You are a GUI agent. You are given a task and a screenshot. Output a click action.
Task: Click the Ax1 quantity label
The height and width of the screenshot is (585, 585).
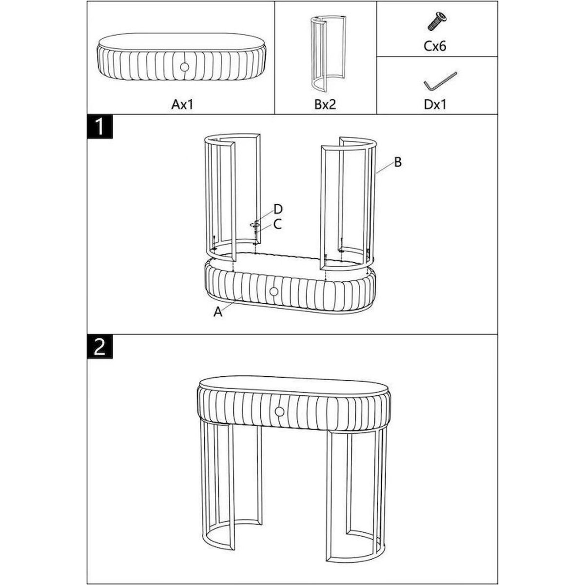(182, 104)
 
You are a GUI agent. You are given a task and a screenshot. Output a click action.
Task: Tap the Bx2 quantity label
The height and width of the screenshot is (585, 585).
(325, 104)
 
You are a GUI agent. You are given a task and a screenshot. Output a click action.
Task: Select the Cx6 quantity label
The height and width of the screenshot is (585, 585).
(435, 46)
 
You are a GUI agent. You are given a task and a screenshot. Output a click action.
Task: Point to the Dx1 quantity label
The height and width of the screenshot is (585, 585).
(435, 104)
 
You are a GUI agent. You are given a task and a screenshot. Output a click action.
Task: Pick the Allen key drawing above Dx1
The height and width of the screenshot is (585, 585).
(440, 81)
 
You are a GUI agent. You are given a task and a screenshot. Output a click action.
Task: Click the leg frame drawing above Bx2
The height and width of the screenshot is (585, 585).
(328, 54)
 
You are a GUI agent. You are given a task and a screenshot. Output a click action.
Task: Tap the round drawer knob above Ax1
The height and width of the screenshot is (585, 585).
(184, 67)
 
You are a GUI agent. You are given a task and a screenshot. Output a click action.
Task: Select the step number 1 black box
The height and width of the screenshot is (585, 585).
(100, 127)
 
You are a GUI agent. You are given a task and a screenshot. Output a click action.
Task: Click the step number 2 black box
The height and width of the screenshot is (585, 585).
(100, 347)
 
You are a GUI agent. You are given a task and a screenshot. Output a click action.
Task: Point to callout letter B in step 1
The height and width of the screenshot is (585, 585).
(398, 162)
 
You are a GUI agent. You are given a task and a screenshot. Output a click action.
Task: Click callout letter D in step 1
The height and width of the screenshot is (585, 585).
(278, 209)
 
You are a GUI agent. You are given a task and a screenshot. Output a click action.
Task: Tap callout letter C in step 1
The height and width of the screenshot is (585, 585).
(277, 224)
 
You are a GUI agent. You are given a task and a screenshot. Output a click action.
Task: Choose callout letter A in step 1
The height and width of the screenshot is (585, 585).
(218, 312)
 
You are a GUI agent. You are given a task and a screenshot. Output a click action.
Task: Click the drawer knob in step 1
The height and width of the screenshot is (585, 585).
(273, 292)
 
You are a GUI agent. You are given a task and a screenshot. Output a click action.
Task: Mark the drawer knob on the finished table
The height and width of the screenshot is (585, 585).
(279, 412)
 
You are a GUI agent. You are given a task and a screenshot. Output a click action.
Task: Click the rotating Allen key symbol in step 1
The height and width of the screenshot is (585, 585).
(255, 225)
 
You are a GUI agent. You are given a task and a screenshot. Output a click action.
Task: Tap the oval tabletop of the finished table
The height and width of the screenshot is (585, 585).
(294, 386)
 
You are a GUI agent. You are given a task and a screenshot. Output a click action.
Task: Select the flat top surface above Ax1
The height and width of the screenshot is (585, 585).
(181, 40)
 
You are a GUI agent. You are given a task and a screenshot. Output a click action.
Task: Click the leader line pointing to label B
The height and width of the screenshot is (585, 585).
(385, 168)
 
